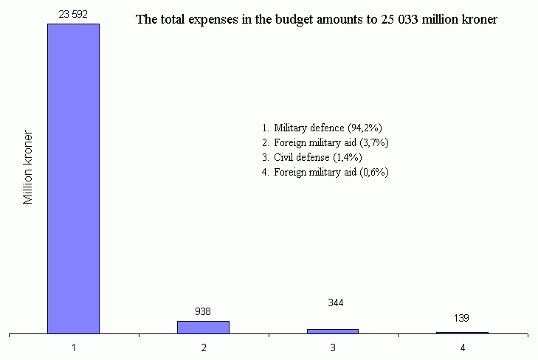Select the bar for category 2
(203, 327)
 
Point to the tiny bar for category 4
(462, 333)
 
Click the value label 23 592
(74, 13)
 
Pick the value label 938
(203, 311)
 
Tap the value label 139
(462, 318)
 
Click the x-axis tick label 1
(74, 347)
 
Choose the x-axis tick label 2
(203, 347)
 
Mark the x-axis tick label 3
(333, 347)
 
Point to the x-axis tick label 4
(462, 347)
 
